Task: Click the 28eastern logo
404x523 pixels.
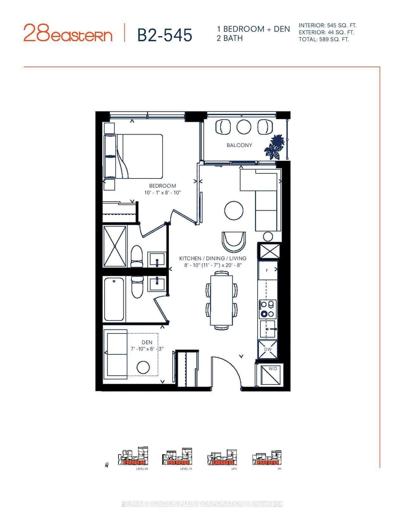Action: [68, 33]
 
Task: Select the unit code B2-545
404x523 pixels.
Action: [164, 35]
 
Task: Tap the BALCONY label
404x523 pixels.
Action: [239, 145]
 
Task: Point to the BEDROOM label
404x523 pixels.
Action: [163, 186]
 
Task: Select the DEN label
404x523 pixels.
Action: [147, 342]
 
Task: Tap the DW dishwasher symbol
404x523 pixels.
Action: [268, 349]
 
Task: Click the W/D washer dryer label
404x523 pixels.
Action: [273, 369]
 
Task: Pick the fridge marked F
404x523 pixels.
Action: [268, 271]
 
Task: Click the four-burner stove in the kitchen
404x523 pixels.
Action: [268, 309]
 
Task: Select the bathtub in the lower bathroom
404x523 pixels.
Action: [114, 299]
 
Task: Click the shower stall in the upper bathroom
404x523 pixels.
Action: [114, 246]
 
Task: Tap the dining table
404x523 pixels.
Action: [221, 300]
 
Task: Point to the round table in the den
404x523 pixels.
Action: [143, 367]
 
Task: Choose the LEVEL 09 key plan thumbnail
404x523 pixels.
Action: [133, 457]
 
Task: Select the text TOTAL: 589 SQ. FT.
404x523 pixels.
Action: [324, 40]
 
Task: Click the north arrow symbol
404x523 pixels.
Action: [107, 465]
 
